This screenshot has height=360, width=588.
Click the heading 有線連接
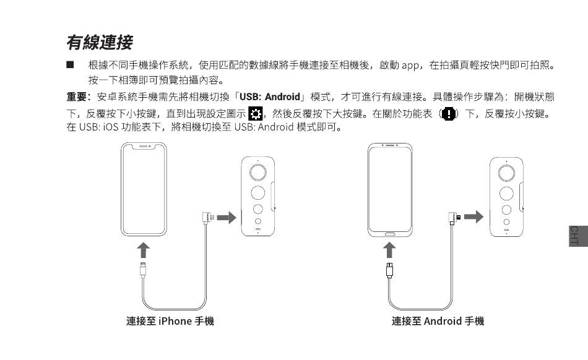point(99,43)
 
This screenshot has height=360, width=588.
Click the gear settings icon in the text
point(254,113)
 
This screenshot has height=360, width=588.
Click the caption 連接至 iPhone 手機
point(170,321)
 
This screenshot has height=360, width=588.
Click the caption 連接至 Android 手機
point(438,321)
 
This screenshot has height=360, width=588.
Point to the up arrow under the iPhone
point(144,249)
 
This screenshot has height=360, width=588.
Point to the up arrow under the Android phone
point(389,249)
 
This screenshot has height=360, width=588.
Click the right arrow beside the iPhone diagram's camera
point(227,217)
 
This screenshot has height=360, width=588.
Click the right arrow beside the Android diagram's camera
point(473,217)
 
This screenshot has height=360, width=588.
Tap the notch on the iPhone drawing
point(144,147)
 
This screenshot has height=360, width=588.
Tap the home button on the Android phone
point(390,234)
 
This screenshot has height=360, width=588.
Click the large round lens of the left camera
point(258,171)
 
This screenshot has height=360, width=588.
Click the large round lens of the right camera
point(507,171)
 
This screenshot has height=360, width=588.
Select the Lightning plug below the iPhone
point(144,270)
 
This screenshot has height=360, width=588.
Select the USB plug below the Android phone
point(389,270)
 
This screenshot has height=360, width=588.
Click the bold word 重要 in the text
point(77,97)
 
